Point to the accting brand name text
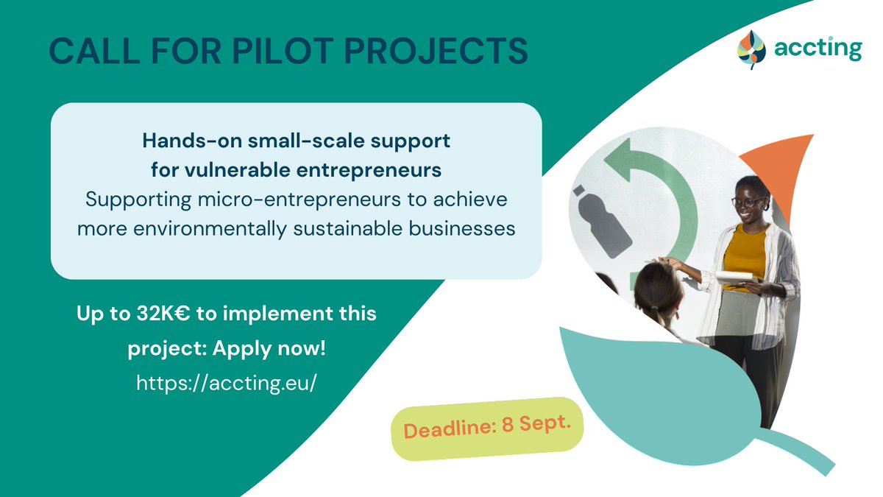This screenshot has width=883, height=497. (817, 49)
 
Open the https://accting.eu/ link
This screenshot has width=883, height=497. (227, 384)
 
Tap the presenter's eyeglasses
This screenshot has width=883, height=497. (747, 201)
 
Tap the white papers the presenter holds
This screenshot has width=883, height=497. (736, 277)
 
